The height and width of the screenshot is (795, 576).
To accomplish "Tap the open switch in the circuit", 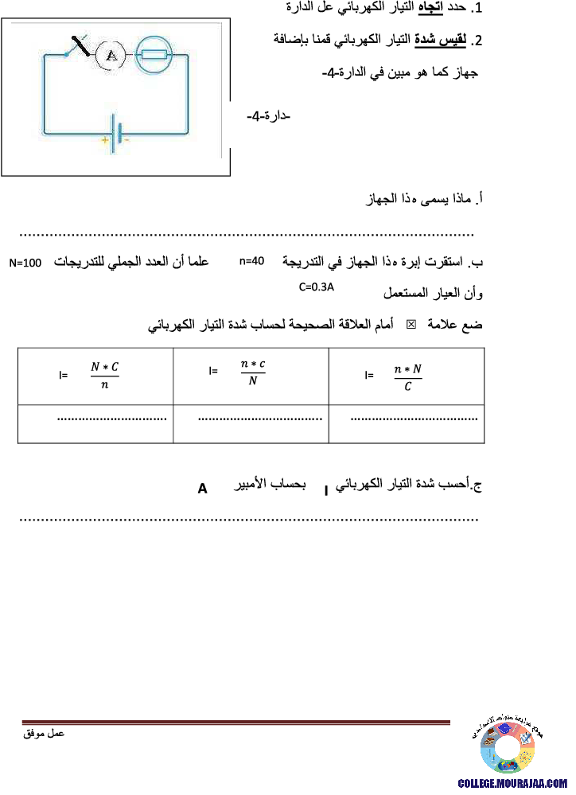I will (x=80, y=46).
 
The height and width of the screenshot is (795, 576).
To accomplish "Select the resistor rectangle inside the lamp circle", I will (x=154, y=55).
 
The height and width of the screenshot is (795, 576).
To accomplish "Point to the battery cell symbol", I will (x=117, y=131).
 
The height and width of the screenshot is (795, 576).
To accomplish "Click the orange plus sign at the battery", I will (x=103, y=139).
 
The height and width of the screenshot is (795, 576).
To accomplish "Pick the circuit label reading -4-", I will (x=267, y=117).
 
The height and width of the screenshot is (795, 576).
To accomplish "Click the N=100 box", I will (x=25, y=263).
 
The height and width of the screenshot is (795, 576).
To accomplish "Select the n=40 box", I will (x=252, y=261).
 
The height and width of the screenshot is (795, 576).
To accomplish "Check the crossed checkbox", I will (x=411, y=325).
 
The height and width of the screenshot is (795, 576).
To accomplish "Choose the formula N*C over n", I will (x=105, y=376).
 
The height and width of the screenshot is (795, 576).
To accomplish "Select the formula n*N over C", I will (x=408, y=378).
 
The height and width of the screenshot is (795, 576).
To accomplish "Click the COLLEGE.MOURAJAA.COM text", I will (x=512, y=783).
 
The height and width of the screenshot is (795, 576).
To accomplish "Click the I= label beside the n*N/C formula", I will (x=368, y=375).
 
